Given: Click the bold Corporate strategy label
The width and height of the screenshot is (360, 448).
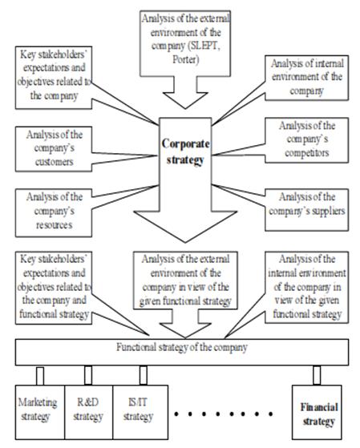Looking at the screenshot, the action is pos(185,151).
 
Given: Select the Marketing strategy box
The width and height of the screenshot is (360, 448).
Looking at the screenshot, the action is pos(40,412).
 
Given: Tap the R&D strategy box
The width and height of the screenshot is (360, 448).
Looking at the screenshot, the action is pos(89,412).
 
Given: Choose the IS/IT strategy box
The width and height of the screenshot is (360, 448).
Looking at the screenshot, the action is pos(140,412).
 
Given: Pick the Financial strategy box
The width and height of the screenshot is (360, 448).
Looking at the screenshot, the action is pos(317,412).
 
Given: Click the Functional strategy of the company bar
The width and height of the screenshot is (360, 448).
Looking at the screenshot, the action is pos(182,352).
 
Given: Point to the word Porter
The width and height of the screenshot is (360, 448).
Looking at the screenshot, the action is pos(185,60).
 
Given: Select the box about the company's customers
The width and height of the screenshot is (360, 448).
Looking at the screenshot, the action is pos(54,149).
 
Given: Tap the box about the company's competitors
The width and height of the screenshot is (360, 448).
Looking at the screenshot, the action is pos(307,140).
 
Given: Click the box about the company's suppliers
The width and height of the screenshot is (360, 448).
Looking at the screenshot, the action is pos(307,210).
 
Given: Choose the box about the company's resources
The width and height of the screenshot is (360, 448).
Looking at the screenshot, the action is pos(54,212).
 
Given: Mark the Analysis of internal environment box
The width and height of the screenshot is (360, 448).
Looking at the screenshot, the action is pos(307,78).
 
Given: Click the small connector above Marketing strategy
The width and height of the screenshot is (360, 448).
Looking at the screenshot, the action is pos(40,376).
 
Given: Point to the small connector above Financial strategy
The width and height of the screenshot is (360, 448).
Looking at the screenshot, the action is pos(317,375).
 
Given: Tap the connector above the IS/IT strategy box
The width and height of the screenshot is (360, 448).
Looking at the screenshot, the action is pos(144,375).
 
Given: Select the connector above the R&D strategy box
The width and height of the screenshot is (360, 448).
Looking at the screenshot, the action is pos(88,375).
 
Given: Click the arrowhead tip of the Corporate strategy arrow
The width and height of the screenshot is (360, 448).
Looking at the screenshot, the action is pos(185,243).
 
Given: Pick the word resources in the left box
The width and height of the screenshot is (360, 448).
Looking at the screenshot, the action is pos(54,225).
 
